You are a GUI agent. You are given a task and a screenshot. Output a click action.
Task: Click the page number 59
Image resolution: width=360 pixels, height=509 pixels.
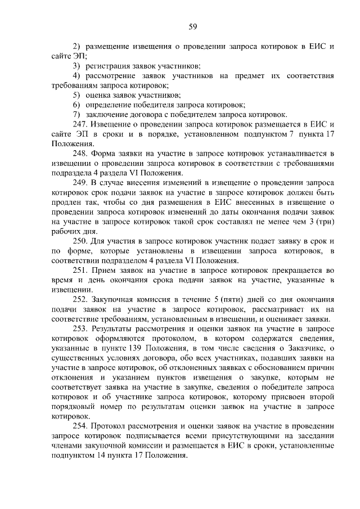(192, 26)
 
